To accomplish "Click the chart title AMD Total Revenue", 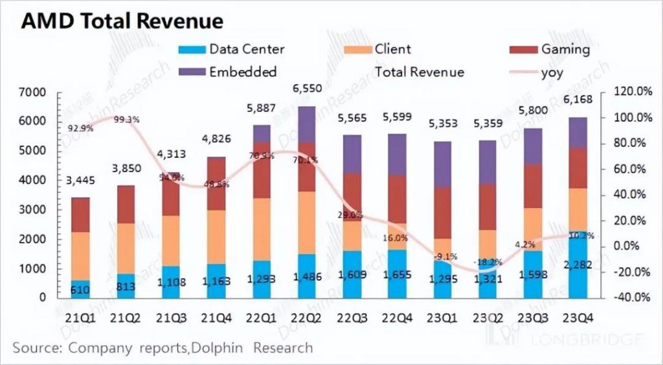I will pyautogui.click(x=122, y=21).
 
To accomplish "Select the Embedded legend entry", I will pyautogui.click(x=242, y=72).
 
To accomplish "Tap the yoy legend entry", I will pyautogui.click(x=551, y=72).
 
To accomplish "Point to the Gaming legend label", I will pyautogui.click(x=565, y=49).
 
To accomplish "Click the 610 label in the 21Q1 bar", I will pyautogui.click(x=80, y=289).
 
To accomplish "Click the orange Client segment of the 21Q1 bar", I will pyautogui.click(x=80, y=256).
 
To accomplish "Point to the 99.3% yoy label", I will pyautogui.click(x=126, y=120).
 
